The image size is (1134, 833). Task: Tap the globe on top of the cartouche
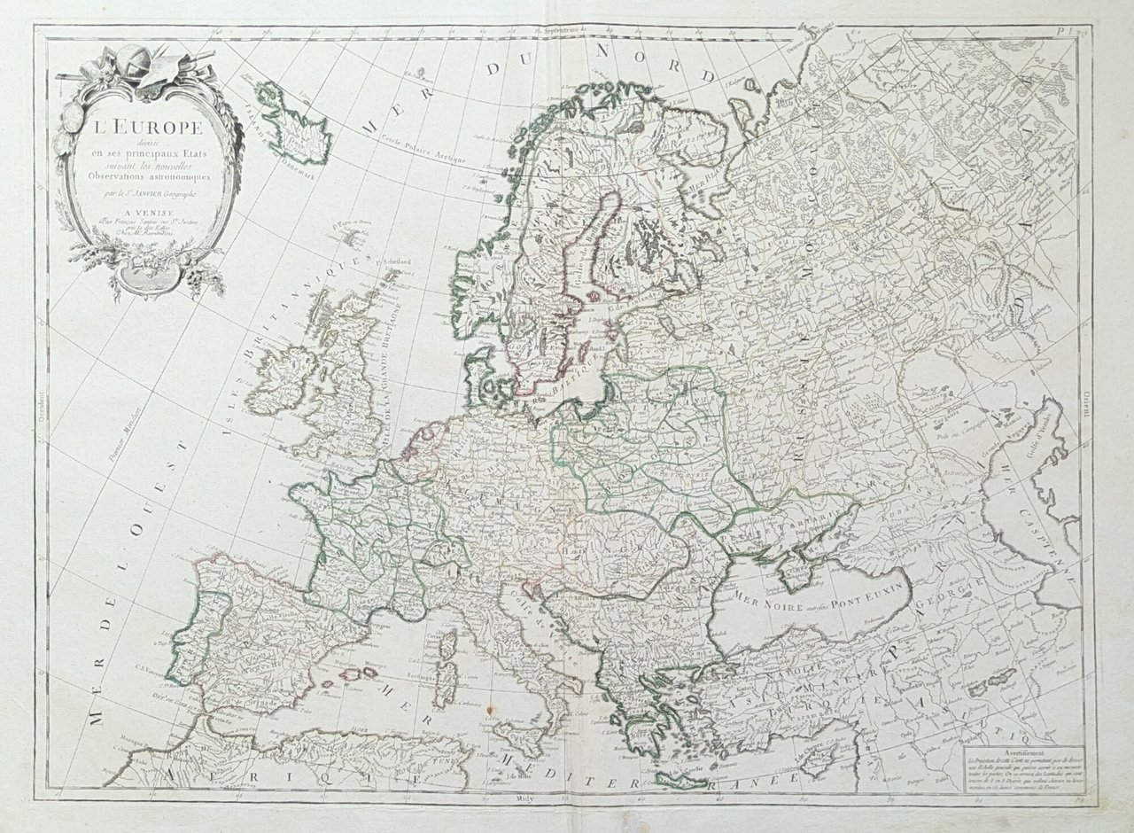click(142, 60)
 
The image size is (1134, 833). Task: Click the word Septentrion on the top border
click(568, 27)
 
